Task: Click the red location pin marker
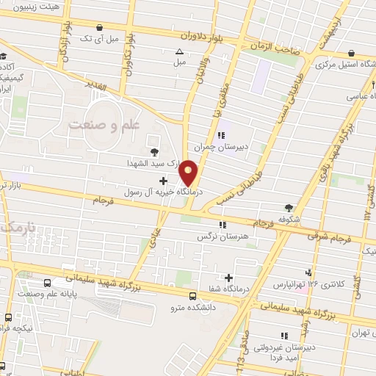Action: (189, 173)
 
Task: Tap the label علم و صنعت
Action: (104, 126)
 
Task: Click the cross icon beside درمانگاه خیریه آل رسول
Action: (163, 181)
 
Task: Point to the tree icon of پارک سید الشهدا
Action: (153, 152)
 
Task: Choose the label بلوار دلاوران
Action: (200, 34)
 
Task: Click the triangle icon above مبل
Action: (180, 51)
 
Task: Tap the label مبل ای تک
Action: (95, 38)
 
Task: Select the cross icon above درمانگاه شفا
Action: (230, 278)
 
